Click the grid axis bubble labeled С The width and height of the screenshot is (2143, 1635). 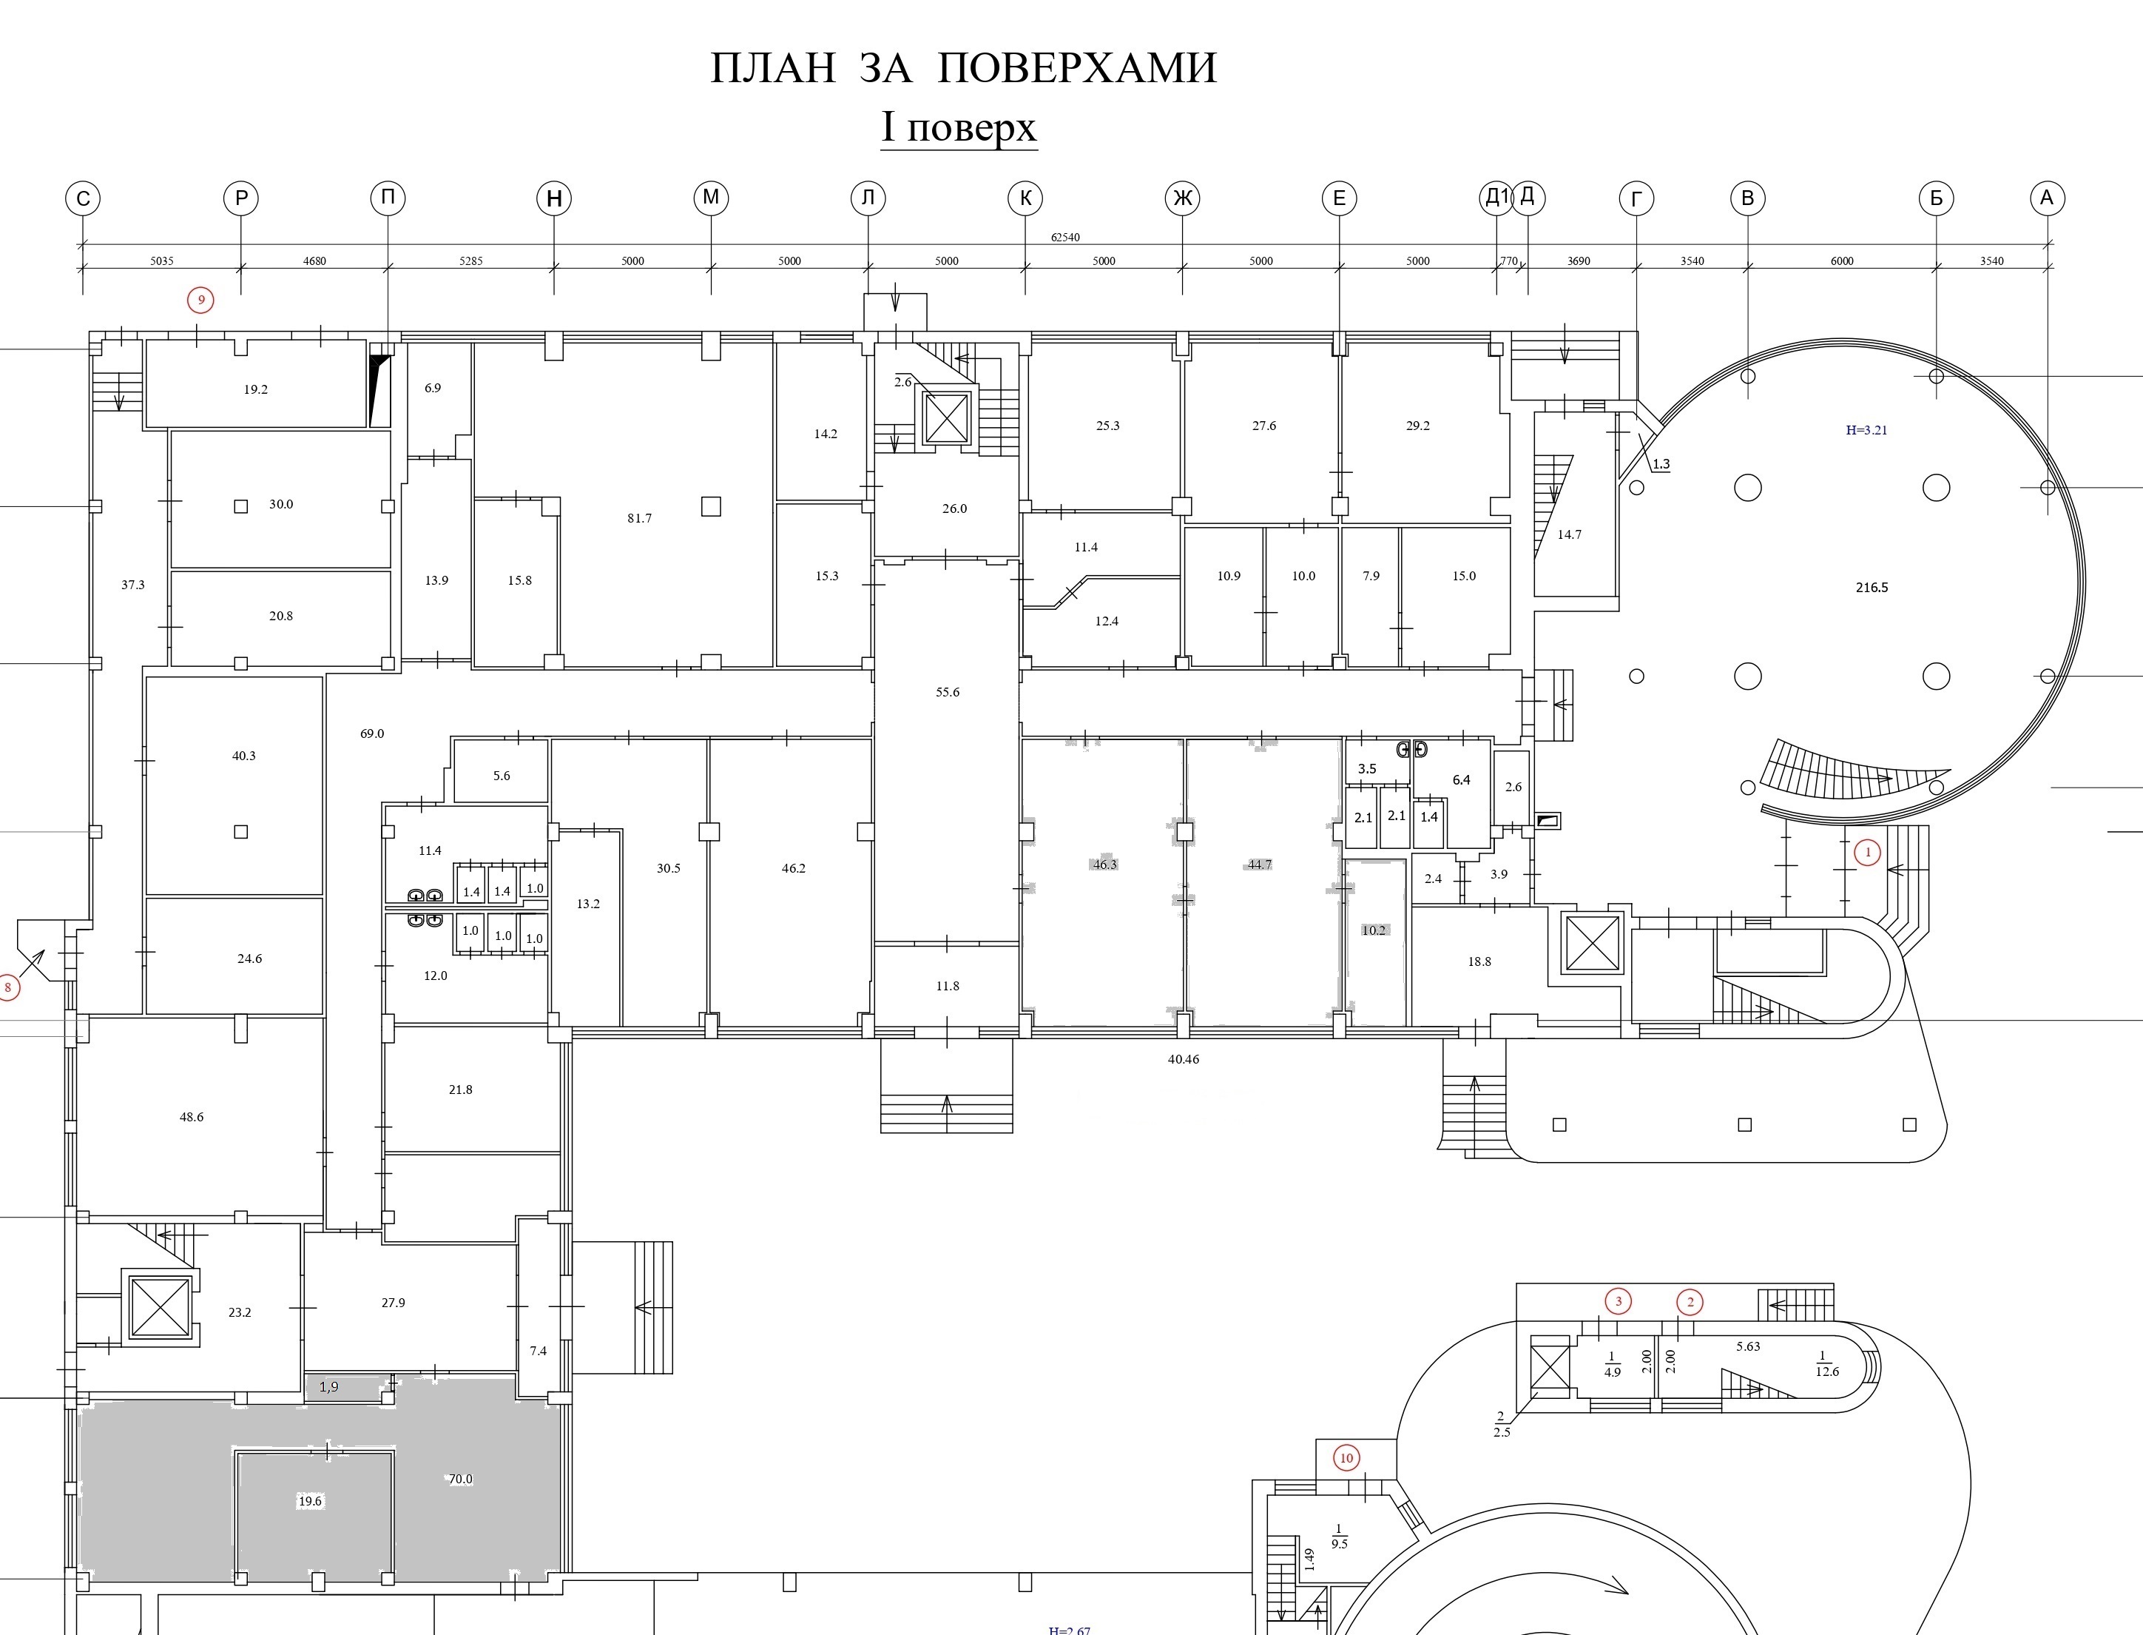pyautogui.click(x=83, y=198)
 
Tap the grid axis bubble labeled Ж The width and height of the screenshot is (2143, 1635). pyautogui.click(x=1182, y=198)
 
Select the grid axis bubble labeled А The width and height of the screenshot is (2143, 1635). pyautogui.click(x=2047, y=198)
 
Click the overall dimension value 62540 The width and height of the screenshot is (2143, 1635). pyautogui.click(x=1065, y=238)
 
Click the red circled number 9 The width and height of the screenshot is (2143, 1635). pyautogui.click(x=201, y=300)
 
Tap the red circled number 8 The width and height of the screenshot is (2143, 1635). pyautogui.click(x=9, y=989)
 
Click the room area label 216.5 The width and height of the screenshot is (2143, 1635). pyautogui.click(x=1872, y=588)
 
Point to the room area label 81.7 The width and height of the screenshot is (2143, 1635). pyautogui.click(x=639, y=518)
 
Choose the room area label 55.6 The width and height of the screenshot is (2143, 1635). pyautogui.click(x=948, y=692)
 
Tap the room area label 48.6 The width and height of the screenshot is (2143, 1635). pyautogui.click(x=192, y=1117)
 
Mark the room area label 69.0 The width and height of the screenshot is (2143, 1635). pyautogui.click(x=373, y=733)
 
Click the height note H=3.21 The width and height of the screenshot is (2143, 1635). pyautogui.click(x=1867, y=430)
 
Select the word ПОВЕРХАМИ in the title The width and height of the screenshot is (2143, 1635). pyautogui.click(x=1078, y=68)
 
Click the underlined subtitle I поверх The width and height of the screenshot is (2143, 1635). pyautogui.click(x=959, y=127)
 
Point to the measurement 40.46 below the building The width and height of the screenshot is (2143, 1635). pyautogui.click(x=1184, y=1059)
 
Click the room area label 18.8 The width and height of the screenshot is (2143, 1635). pyautogui.click(x=1479, y=961)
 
